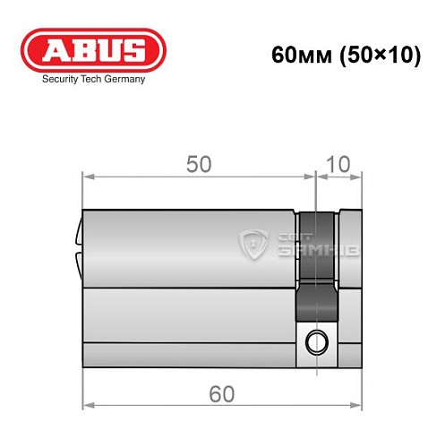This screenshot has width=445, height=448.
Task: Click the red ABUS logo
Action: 93,49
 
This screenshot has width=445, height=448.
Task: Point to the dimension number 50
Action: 199,164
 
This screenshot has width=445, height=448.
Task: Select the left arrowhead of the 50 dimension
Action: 87,177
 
